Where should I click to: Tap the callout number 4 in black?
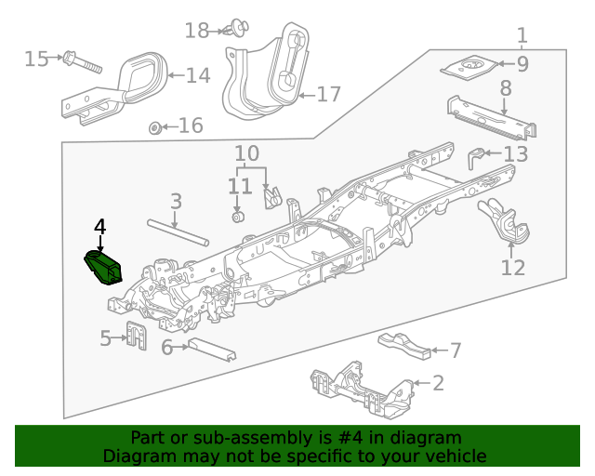point(100,226)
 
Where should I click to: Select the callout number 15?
point(36,59)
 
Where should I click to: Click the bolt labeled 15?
point(81,63)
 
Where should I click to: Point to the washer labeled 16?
point(156,126)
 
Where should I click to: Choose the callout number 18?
point(196,31)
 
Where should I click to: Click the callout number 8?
point(506,89)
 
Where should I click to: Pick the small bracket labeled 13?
point(477,157)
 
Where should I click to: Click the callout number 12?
point(513,268)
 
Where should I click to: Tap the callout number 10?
point(246,152)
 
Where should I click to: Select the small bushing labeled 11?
point(238,218)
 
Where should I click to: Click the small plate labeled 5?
point(136,335)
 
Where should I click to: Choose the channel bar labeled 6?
point(211,350)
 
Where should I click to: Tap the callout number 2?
point(438,382)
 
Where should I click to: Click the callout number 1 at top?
point(522,35)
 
